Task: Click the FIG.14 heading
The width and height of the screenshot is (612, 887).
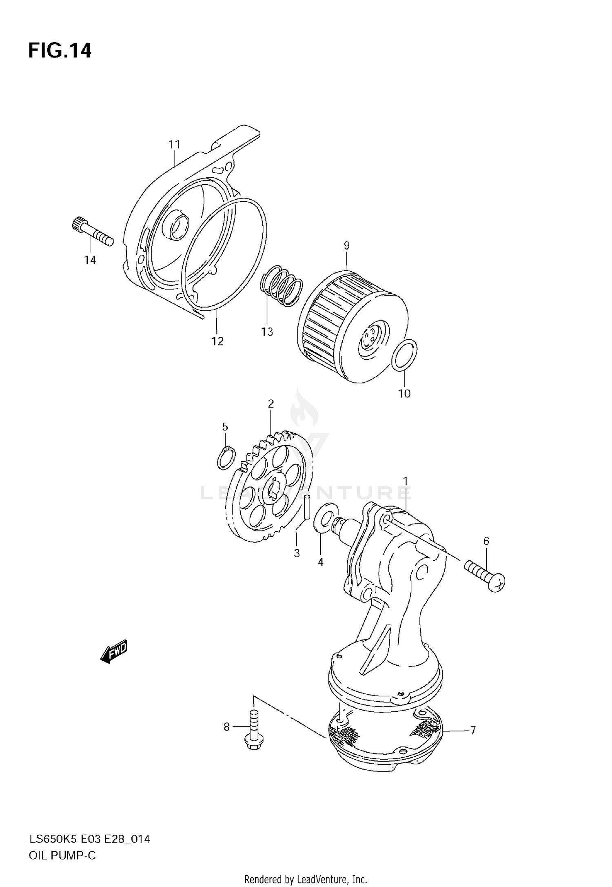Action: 60,51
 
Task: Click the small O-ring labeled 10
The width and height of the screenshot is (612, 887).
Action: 404,355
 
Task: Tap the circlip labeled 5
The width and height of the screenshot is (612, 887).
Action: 226,458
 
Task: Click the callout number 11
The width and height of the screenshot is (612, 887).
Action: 174,145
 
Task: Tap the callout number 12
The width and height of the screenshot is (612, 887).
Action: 217,341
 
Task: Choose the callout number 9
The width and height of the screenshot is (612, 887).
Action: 346,245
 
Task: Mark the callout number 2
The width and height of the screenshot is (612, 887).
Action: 271,404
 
